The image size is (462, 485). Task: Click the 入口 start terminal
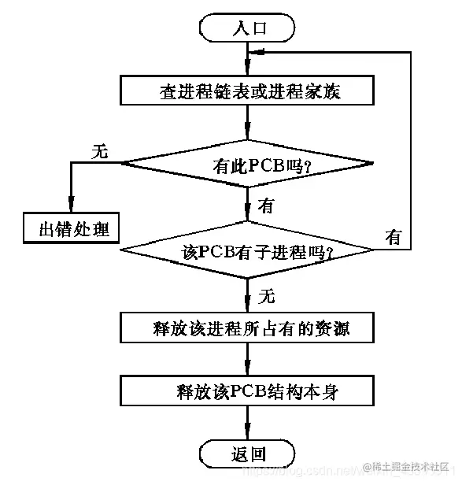pos(248,28)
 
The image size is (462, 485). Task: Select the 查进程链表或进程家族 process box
pos(248,91)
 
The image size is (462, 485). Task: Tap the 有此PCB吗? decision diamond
pos(248,165)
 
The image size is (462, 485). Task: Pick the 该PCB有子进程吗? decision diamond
pos(248,252)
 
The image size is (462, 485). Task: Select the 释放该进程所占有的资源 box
pos(248,327)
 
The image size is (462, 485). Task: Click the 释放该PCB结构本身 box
pos(248,391)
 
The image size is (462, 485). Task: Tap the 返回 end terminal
pos(248,454)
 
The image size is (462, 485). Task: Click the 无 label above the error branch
pos(99,151)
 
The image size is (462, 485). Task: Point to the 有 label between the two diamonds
pos(266,207)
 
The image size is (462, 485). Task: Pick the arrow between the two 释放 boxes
pos(248,364)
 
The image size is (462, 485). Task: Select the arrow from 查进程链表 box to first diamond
pos(248,126)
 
